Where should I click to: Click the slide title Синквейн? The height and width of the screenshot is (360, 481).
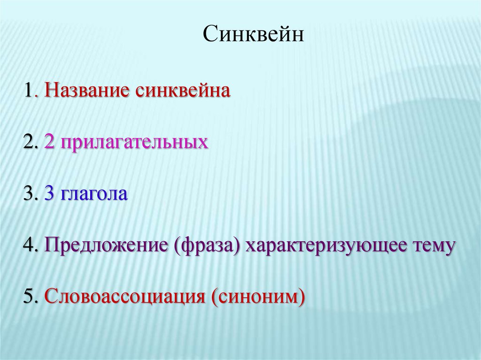253,33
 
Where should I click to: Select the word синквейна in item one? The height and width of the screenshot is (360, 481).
183,91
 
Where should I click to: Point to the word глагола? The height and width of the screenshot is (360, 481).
94,194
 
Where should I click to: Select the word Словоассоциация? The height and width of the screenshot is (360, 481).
124,297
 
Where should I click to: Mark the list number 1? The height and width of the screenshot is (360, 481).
29,91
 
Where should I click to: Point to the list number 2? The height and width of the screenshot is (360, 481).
28,142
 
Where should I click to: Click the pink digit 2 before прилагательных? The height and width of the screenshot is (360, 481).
49,142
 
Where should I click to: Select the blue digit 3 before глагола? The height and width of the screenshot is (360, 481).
49,193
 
